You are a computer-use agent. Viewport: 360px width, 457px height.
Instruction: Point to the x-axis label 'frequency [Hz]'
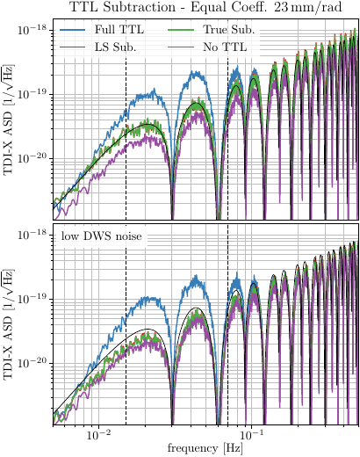204,448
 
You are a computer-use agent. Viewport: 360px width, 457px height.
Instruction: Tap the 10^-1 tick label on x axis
251,435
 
